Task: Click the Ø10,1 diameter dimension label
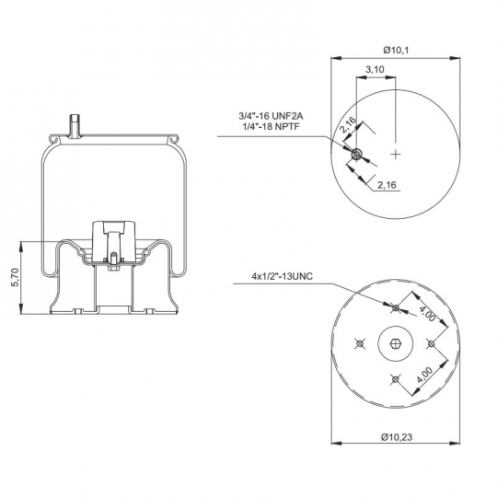396,50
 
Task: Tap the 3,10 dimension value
375,69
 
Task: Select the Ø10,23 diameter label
397,437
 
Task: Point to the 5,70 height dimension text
16,277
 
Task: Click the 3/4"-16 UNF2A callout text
271,116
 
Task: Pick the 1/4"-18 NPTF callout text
271,126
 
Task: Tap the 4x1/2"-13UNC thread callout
283,276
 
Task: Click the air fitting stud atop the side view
75,126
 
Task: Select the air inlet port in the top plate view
357,154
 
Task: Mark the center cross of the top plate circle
396,155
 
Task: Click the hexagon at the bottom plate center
396,343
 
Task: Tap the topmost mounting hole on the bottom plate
396,307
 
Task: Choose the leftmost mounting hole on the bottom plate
360,343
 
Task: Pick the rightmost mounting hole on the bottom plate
431,343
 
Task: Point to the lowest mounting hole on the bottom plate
395,379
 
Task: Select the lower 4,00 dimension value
424,375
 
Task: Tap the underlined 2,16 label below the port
387,185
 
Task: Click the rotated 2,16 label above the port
348,125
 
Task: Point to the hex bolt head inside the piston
113,268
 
